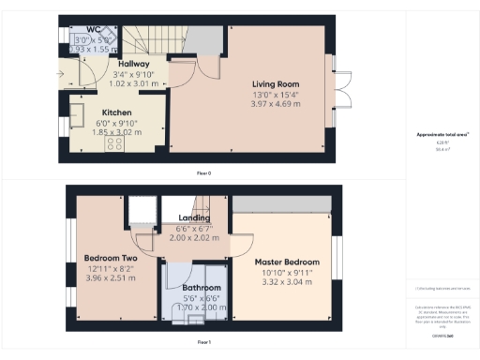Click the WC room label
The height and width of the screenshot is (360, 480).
pos(94,30)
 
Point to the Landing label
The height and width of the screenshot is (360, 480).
pos(194,218)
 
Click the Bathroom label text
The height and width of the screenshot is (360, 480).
pos(202,288)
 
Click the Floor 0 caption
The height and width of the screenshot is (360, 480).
pos(198,173)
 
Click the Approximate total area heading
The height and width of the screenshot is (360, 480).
pos(442,134)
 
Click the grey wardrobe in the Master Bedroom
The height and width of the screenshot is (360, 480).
pos(281,203)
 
